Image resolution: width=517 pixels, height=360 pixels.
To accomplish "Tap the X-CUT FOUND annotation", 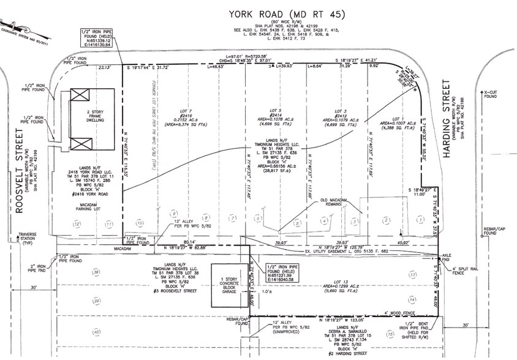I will pyautogui.click(x=490, y=93).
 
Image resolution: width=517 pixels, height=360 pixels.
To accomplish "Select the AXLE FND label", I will pyautogui.click(x=445, y=257).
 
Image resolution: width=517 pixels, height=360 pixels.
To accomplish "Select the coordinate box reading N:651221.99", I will pyautogui.click(x=281, y=276).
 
